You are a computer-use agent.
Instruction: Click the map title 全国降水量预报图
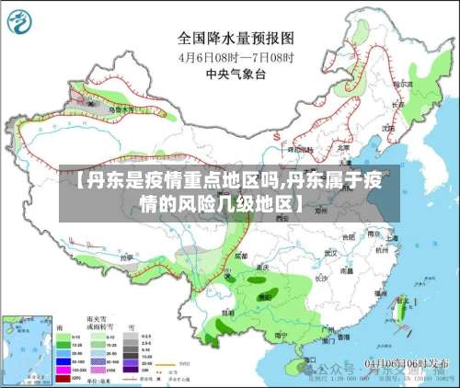click(x=235, y=39)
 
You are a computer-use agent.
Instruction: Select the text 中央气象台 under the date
click(x=235, y=73)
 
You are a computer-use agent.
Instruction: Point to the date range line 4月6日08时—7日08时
click(x=235, y=56)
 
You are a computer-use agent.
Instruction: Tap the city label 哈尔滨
click(x=398, y=84)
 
